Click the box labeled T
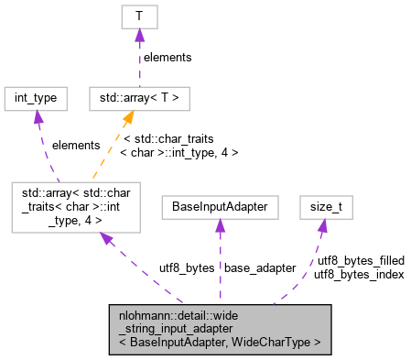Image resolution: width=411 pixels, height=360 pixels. point(139,16)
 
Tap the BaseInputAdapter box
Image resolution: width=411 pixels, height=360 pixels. point(219,207)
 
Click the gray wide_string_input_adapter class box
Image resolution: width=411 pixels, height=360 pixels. point(219,329)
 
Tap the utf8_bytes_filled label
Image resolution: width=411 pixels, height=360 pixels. point(361,261)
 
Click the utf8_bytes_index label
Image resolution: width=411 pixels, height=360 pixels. point(359,274)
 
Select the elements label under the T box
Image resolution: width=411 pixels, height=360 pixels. point(167,57)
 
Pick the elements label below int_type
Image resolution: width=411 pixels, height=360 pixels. point(76,145)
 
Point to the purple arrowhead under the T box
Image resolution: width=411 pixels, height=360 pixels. point(139,35)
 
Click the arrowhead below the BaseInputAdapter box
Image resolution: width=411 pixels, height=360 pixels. point(219,226)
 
